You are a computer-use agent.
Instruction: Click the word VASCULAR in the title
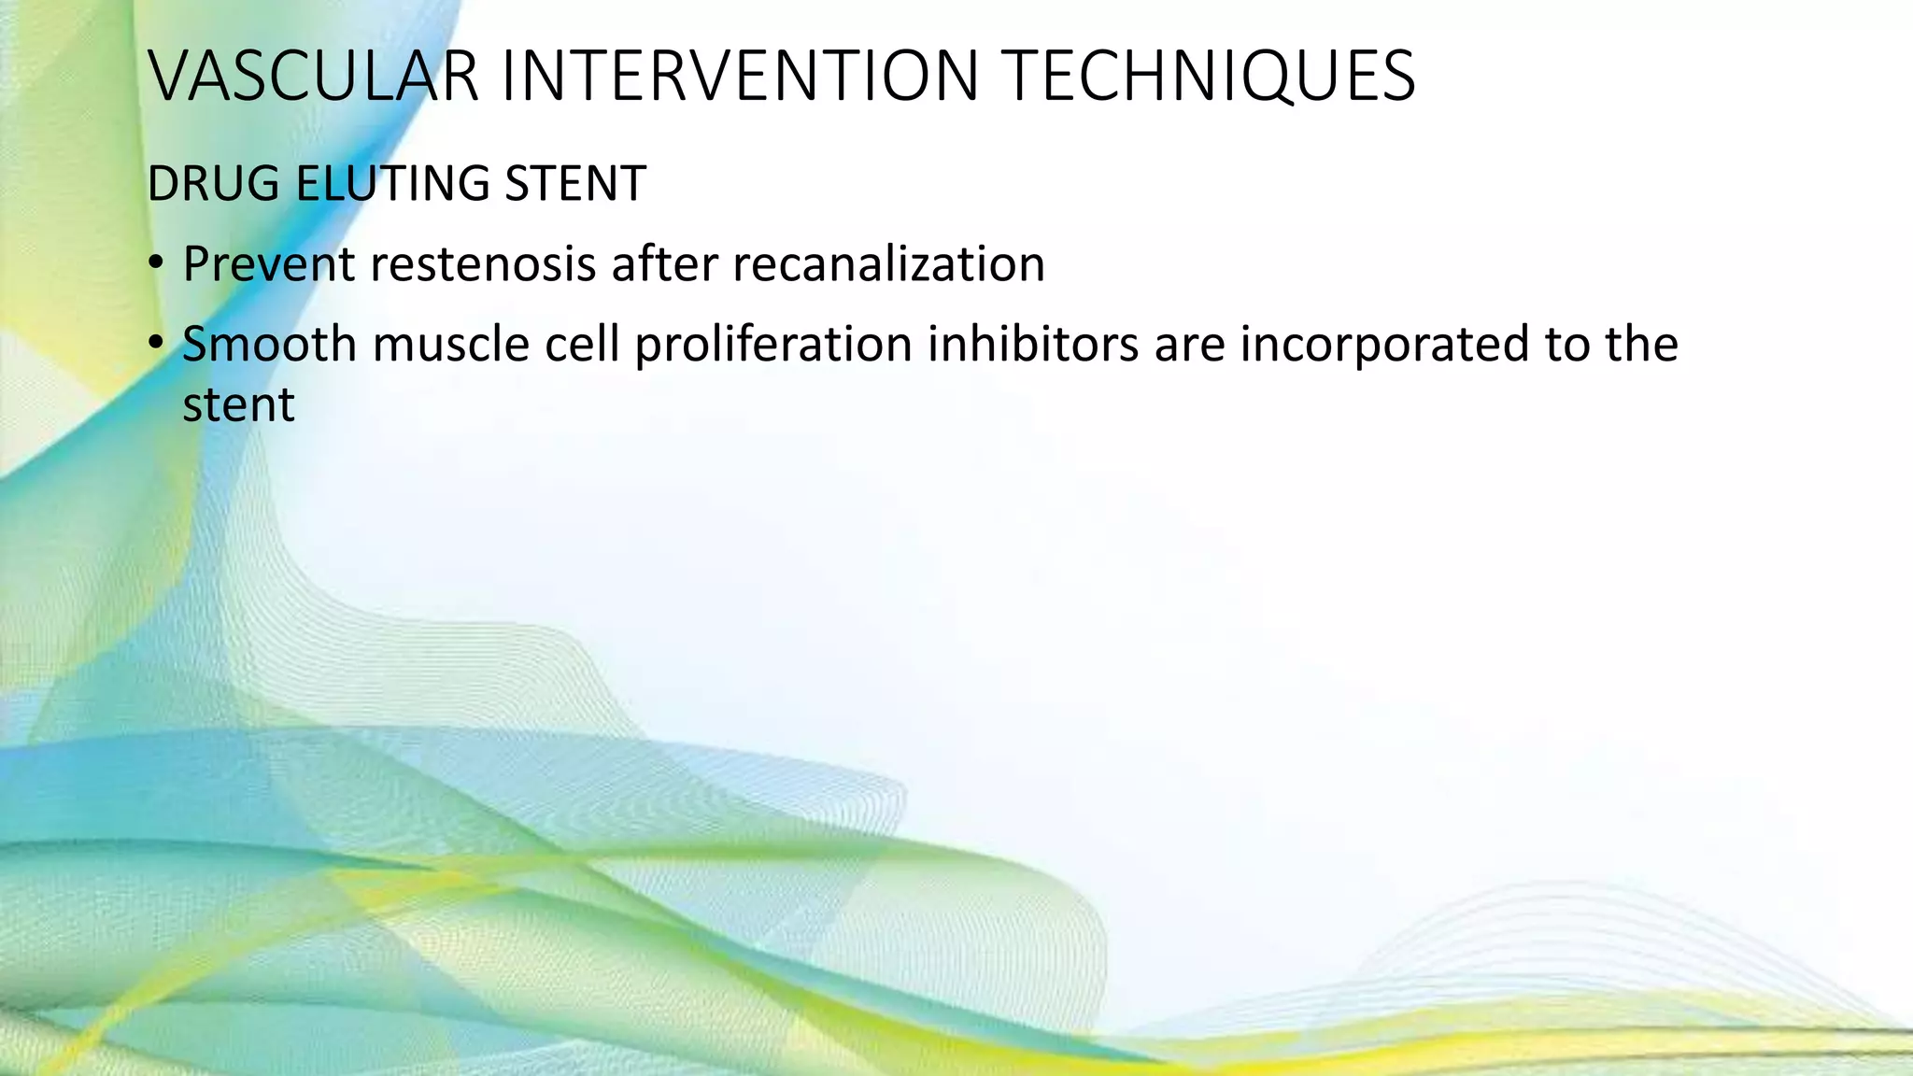pos(313,77)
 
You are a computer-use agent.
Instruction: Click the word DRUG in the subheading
pos(212,184)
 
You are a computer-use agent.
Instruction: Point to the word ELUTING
pos(392,184)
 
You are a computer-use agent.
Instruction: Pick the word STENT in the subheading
pos(575,184)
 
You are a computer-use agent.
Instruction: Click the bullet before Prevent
pos(155,263)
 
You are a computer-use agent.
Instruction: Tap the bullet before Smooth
pos(155,345)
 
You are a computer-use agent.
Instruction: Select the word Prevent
pos(268,264)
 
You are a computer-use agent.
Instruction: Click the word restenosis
pos(483,264)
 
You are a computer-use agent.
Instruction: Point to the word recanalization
pos(888,264)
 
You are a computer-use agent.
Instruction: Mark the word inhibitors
pos(1033,345)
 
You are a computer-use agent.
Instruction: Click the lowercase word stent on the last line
pos(238,405)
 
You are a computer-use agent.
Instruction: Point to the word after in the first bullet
pos(664,264)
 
